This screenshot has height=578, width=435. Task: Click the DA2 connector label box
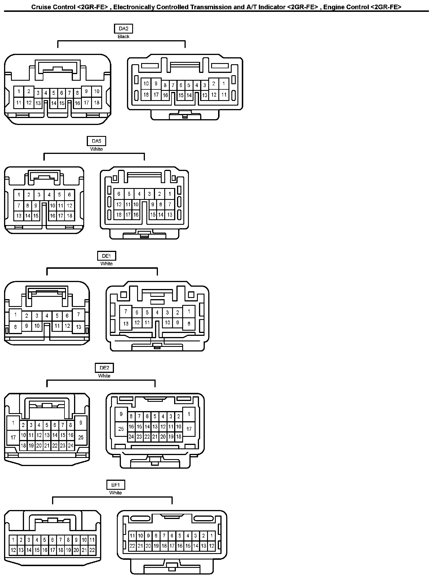124,29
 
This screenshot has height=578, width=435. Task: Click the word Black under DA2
124,36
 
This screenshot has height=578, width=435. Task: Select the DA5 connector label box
96,141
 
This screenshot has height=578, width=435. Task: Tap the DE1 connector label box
106,256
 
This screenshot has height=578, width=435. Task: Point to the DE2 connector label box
104,368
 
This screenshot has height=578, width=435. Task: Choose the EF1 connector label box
115,485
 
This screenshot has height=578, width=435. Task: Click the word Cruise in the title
39,7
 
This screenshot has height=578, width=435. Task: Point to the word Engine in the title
333,7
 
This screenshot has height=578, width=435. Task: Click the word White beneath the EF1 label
115,493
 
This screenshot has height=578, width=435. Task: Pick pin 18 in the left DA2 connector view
97,103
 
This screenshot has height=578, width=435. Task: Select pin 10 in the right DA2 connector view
146,84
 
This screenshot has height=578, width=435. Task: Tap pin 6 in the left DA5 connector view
69,195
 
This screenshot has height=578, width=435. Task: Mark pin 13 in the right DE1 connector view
126,323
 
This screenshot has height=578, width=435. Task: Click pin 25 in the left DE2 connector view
81,437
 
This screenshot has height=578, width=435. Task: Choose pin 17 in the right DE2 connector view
189,429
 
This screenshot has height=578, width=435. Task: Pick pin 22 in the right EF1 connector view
132,546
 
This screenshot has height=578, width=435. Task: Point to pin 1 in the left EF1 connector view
13,540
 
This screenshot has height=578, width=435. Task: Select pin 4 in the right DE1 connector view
157,312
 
